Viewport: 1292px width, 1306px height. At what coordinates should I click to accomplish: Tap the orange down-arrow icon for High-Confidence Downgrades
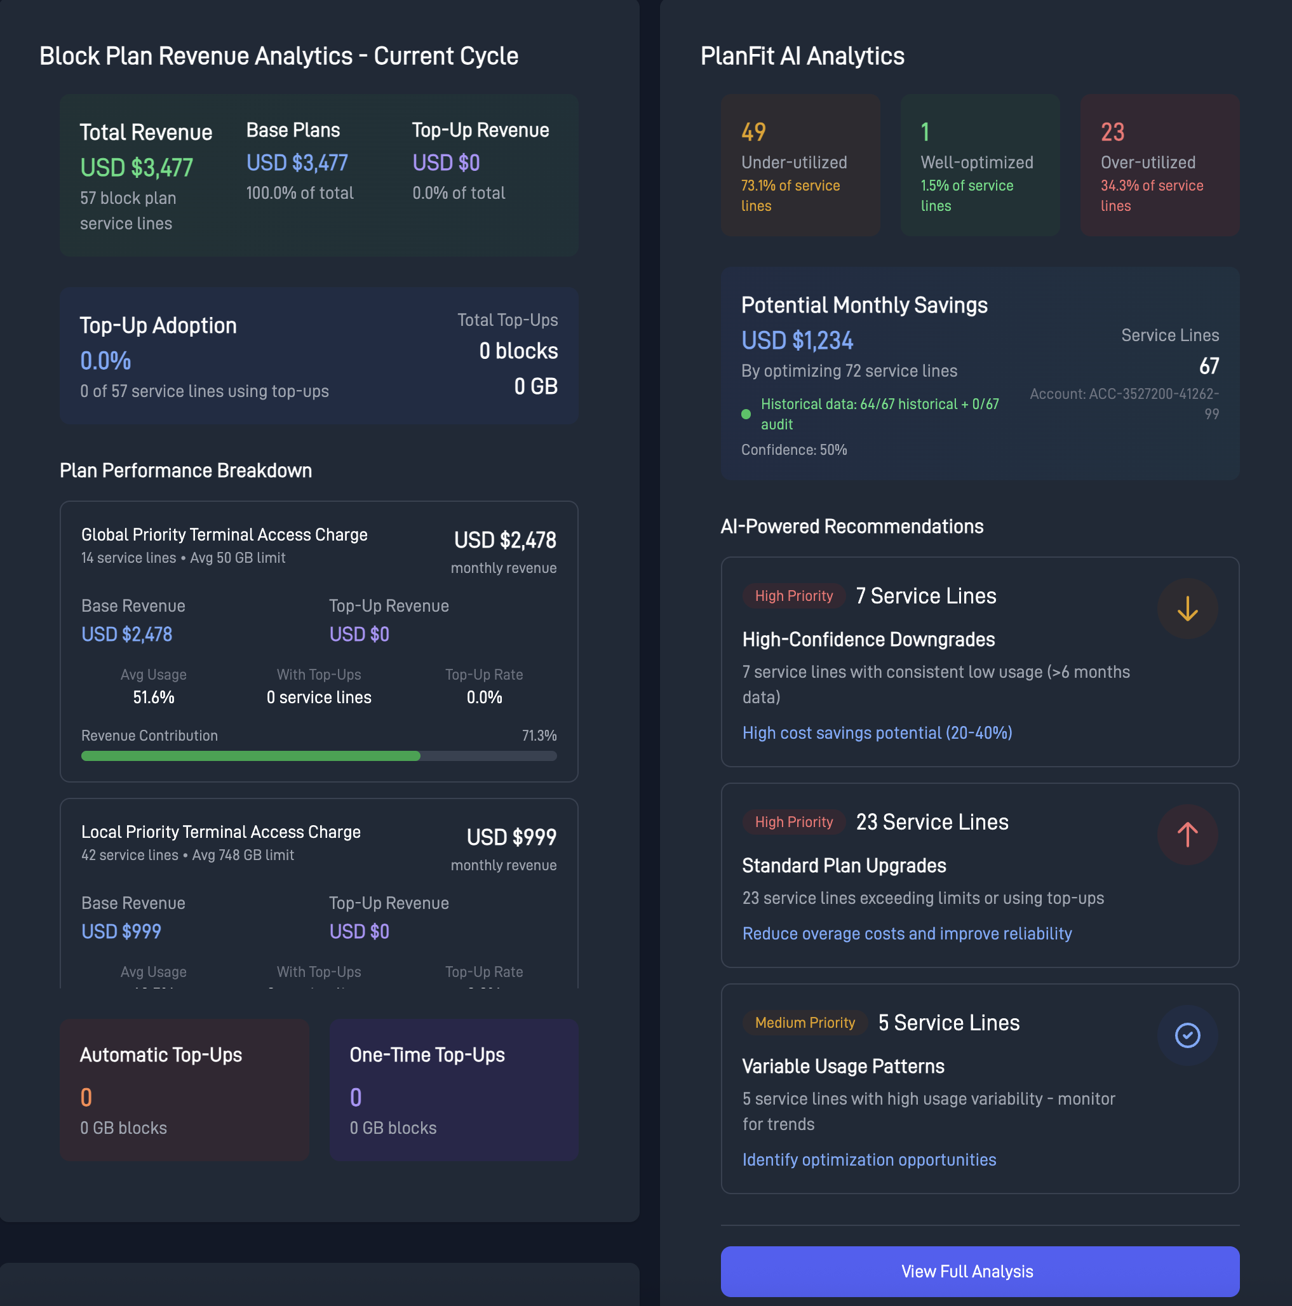(1187, 609)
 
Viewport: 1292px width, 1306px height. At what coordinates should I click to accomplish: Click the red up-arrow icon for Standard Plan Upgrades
(1187, 835)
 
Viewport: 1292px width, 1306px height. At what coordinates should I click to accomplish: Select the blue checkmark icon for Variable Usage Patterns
(1187, 1035)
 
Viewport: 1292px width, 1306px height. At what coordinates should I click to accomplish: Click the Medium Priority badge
(805, 1023)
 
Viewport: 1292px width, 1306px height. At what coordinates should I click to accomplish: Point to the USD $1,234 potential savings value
(797, 340)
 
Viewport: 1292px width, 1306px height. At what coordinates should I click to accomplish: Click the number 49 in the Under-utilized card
(753, 132)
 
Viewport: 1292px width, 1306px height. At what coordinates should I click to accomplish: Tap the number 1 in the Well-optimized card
(925, 132)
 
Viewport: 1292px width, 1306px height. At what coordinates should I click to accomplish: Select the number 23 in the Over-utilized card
(1112, 132)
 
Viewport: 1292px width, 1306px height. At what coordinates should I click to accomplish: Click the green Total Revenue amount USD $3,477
(137, 168)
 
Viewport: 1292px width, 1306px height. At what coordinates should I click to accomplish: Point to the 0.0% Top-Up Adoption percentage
(105, 361)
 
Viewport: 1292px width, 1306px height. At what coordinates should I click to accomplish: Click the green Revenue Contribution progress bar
(251, 756)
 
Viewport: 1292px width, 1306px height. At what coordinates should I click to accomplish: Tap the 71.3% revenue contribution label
(539, 736)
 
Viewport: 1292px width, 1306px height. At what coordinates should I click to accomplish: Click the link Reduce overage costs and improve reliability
(906, 934)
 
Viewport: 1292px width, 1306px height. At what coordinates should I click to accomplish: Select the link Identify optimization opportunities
(869, 1160)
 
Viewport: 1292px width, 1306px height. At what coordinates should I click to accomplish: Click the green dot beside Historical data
(746, 414)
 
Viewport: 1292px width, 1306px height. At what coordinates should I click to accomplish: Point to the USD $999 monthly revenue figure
(511, 838)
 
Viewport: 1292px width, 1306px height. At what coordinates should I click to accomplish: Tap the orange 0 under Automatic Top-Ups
(86, 1097)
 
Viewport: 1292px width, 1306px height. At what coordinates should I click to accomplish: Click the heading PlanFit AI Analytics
(802, 56)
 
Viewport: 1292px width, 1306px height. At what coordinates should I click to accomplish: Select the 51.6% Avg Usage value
(154, 697)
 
